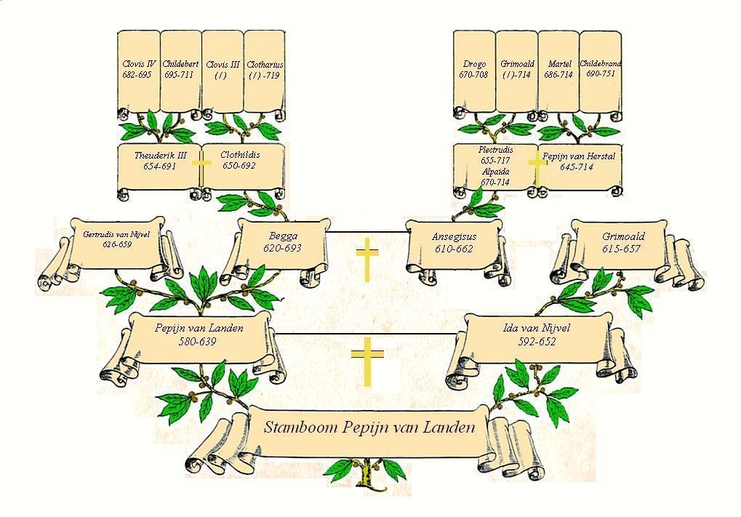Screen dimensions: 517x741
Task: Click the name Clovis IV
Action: (137, 64)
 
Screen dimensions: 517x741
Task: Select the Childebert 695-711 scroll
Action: (180, 70)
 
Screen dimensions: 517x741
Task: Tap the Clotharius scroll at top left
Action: (265, 70)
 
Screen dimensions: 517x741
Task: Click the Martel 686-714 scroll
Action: (558, 70)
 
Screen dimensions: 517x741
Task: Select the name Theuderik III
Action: (160, 156)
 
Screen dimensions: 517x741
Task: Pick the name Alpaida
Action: (495, 172)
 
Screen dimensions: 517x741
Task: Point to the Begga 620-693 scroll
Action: (282, 242)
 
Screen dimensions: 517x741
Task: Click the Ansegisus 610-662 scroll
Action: (452, 243)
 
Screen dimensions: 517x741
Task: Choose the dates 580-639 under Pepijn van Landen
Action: (198, 341)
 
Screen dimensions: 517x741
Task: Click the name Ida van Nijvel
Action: (537, 329)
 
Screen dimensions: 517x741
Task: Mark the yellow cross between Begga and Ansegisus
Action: (368, 262)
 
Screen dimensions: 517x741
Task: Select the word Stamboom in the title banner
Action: (297, 428)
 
